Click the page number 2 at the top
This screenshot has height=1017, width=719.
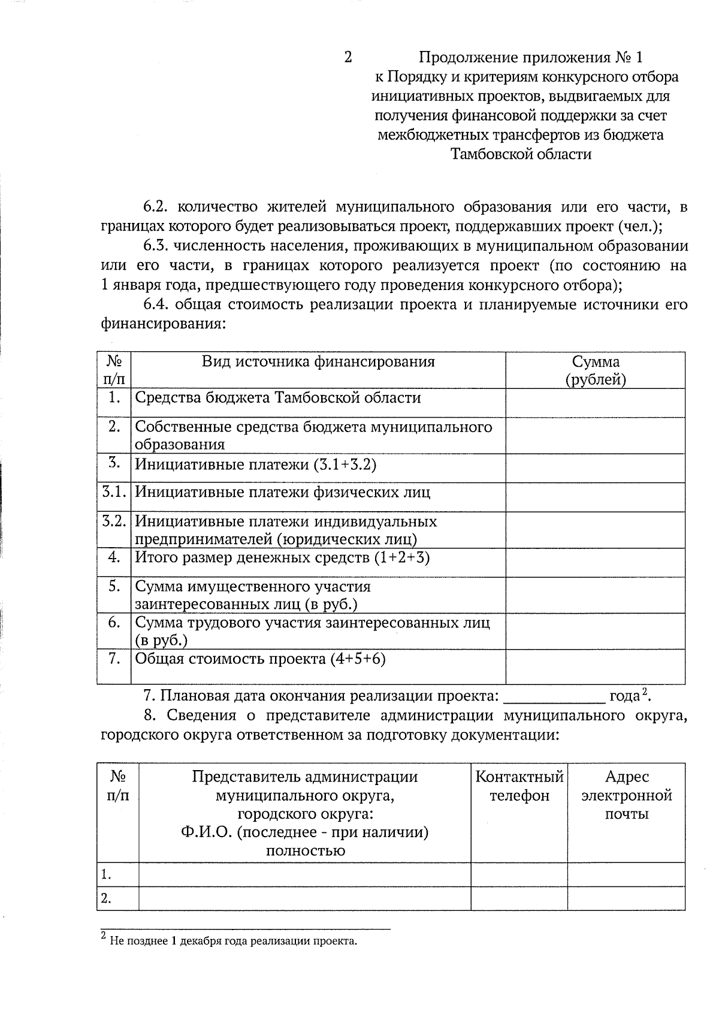point(348,58)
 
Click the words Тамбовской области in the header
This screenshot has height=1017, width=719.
point(521,155)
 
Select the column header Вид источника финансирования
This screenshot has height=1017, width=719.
point(318,361)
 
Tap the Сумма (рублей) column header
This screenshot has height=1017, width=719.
point(596,370)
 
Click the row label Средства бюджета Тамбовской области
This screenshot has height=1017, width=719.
point(278,398)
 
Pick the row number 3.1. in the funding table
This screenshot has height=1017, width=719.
point(114,492)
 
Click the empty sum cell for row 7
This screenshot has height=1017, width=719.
point(596,666)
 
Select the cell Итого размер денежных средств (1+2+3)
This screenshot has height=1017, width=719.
point(282,557)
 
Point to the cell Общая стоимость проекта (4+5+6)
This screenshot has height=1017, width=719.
point(260,659)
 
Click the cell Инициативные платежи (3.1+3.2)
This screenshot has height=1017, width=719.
point(255,464)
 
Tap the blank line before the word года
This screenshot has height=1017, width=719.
point(555,697)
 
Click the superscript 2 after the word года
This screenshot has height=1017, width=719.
point(645,692)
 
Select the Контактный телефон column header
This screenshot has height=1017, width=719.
point(519,786)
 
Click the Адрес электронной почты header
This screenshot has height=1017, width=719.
point(627,795)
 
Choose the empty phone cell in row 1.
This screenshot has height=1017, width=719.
point(519,874)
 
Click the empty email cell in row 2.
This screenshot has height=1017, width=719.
point(627,898)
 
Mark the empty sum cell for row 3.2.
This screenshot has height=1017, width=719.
point(596,530)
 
